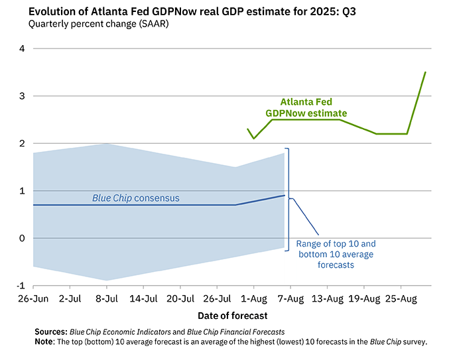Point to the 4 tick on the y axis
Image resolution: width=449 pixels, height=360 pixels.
pos(21,48)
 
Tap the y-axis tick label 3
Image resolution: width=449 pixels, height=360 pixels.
pos(21,96)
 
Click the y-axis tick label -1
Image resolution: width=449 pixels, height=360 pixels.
pos(20,286)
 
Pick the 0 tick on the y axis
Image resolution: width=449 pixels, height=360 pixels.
pos(21,239)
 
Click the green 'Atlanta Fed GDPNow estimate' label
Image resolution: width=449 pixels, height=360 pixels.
pos(306,107)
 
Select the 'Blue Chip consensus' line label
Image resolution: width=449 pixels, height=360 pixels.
pos(135,198)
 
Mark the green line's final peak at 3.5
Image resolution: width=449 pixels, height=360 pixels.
pos(426,72)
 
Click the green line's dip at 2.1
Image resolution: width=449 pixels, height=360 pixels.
pos(253,139)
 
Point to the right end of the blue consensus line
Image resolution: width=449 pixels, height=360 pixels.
pos(285,196)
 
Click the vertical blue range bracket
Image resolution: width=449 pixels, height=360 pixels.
pos(289,199)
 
